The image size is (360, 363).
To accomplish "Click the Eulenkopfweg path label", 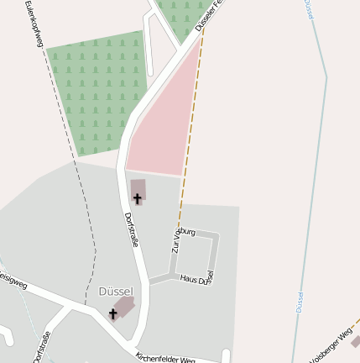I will tap(34, 23).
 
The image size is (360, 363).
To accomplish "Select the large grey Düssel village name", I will tap(116, 291).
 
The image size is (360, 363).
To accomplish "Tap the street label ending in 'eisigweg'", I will tap(12, 278).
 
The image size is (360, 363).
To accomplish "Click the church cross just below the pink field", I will tap(138, 198).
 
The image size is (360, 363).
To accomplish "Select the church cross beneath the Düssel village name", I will tap(113, 313).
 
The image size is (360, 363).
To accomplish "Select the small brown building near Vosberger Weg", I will tap(356, 342).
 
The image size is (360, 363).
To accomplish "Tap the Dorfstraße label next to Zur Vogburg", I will tap(131, 229).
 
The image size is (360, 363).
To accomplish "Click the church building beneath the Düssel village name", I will tap(124, 306).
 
